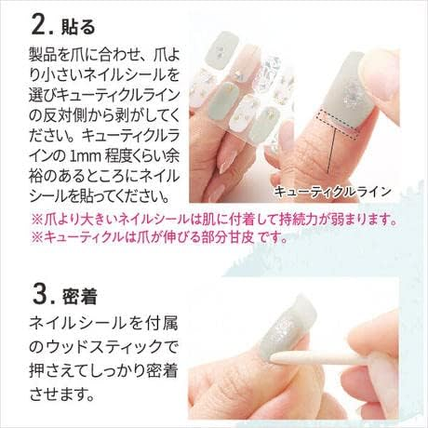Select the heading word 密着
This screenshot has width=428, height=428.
78,296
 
